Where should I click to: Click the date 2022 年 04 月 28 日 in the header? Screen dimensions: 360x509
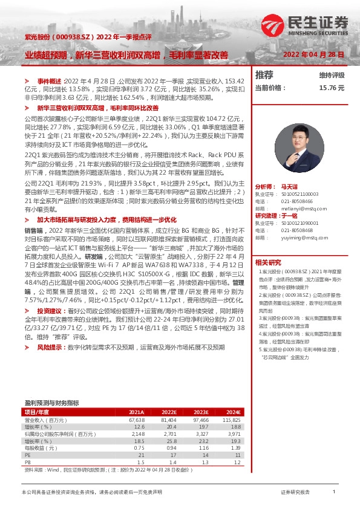coord(314,54)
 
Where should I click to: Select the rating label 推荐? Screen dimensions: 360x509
coord(264,75)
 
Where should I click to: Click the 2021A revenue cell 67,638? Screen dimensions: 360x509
coord(136,419)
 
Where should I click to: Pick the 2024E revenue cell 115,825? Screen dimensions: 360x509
coord(232,419)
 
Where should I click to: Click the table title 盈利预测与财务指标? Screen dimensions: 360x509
coord(51,402)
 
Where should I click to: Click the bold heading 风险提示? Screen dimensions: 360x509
coord(51,348)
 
